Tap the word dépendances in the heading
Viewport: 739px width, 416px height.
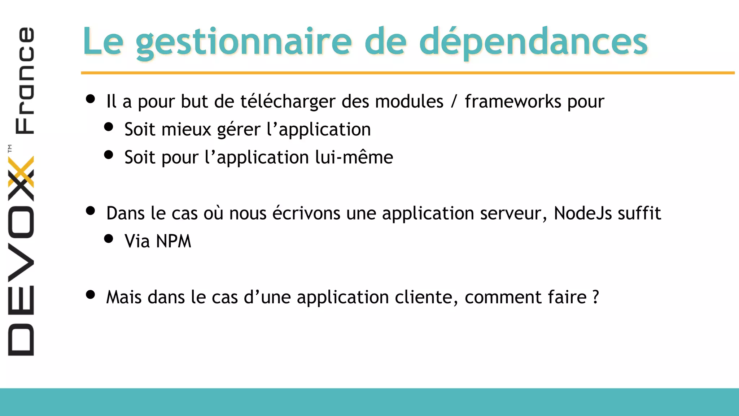(533, 42)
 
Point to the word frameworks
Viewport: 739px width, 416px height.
(513, 101)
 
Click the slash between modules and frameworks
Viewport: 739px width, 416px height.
(454, 101)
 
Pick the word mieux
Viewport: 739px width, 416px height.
(186, 130)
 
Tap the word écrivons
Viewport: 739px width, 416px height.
(306, 213)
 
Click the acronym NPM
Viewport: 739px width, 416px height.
(174, 241)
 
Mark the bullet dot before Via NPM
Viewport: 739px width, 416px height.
(109, 239)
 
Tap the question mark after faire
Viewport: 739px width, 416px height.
(596, 297)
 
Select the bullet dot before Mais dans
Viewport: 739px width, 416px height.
(91, 295)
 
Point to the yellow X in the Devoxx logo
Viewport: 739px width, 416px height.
(21, 172)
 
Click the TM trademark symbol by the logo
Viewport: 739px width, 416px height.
(10, 148)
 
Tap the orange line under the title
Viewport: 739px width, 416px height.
(408, 73)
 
